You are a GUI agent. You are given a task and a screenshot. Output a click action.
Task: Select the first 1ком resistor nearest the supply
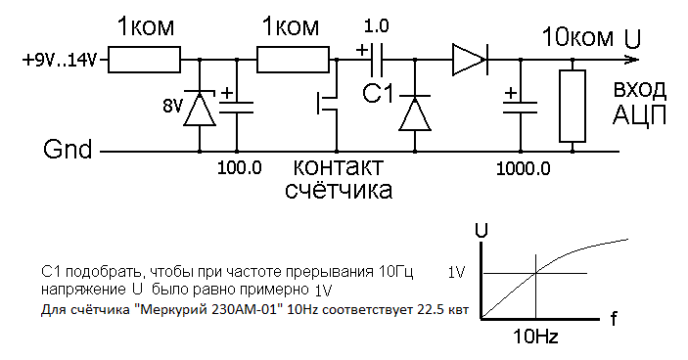tap(144, 62)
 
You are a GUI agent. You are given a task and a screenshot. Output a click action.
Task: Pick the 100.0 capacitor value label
tap(240, 167)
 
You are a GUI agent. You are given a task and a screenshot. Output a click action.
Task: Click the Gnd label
tap(68, 152)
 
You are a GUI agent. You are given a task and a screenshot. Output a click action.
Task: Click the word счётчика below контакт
tap(339, 191)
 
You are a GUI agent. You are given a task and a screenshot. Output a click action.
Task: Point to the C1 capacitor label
tap(379, 95)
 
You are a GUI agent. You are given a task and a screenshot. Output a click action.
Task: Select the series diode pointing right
tap(469, 62)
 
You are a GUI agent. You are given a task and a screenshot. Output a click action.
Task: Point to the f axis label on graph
tap(613, 317)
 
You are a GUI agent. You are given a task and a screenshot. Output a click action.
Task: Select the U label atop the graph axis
tap(482, 231)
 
